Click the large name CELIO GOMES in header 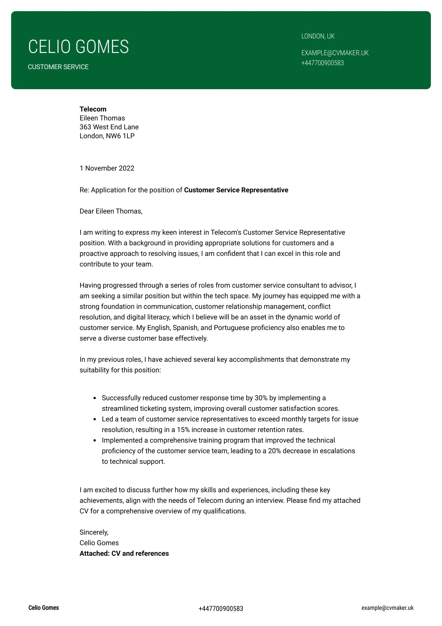point(78,47)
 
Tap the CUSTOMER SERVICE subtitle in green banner point(58,67)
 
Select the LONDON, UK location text point(318,36)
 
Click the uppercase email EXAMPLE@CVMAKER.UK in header point(335,53)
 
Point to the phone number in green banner point(322,63)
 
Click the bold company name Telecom point(93,109)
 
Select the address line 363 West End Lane point(109,127)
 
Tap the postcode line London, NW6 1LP point(107,136)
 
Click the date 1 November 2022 point(107,168)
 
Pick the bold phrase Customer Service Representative point(236,190)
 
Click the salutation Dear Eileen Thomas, point(111,211)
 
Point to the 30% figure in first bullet point(261,398)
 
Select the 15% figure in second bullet point(183,430)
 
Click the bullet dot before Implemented point(95,441)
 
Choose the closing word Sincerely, point(94,532)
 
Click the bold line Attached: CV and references point(124,554)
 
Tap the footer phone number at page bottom point(221,609)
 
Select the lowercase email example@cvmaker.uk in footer point(387,608)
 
